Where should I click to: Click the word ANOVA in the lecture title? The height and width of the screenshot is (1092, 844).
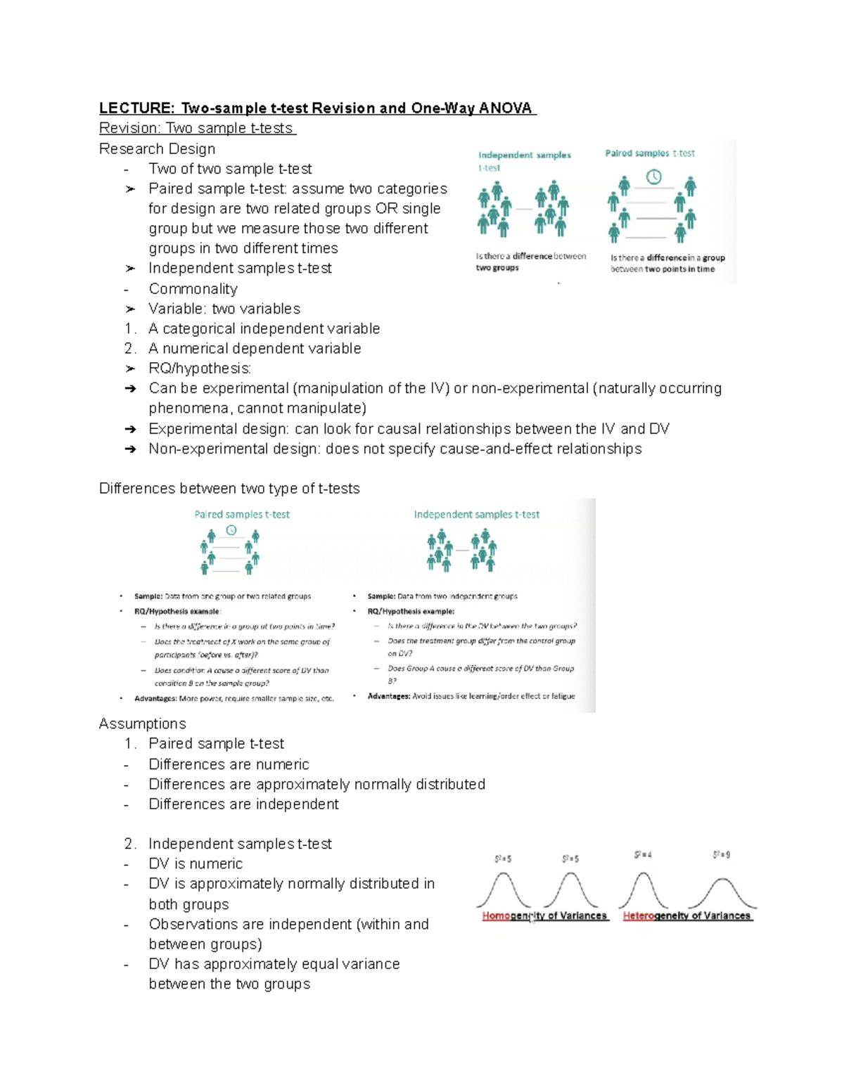point(506,108)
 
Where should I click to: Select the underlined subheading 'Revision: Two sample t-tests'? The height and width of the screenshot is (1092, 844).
point(197,128)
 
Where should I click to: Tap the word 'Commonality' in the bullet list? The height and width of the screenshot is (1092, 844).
point(193,289)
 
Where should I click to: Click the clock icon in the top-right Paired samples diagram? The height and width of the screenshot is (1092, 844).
point(653,177)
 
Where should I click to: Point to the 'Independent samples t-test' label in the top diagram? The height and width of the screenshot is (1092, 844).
point(524,160)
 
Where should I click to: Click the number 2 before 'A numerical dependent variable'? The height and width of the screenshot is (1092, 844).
point(129,349)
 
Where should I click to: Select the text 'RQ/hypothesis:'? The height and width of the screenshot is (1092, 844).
point(200,368)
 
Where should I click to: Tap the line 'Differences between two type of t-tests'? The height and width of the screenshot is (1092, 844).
point(229,489)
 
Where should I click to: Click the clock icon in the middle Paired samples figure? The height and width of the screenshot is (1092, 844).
point(231,530)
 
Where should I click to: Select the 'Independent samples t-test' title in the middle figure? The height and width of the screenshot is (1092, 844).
point(476,515)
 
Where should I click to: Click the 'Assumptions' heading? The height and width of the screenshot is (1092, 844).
point(143,724)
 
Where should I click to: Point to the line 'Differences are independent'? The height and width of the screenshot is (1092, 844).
point(243,804)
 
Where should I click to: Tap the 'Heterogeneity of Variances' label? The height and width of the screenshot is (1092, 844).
point(687,916)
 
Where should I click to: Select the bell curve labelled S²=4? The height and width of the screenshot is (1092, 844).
point(642,889)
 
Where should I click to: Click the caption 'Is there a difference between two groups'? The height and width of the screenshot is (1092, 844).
point(530,262)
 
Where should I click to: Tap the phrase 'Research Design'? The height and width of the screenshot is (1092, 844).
point(157,149)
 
